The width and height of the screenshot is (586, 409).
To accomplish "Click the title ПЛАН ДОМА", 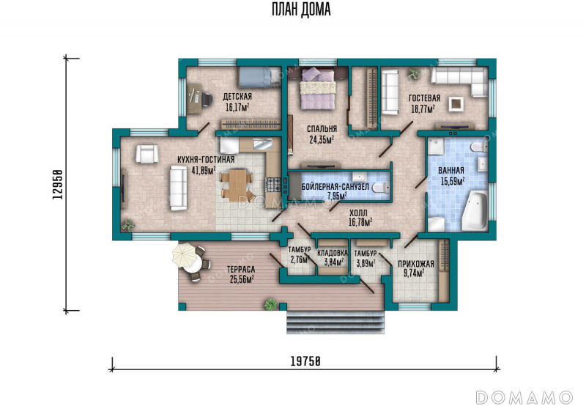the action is tap(301, 10).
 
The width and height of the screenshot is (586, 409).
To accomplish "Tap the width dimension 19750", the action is tap(305, 361).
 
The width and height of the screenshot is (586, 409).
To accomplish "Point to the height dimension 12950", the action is tap(57, 184).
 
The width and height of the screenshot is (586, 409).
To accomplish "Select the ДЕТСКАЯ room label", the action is tap(237, 97).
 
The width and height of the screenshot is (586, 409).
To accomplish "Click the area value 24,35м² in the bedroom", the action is tap(322, 140).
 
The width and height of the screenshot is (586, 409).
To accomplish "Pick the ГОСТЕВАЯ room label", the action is tap(425, 98).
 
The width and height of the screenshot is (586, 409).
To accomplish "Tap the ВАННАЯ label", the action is tap(451, 171).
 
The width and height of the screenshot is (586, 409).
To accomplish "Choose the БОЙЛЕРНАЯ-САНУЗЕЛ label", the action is tap(335, 187).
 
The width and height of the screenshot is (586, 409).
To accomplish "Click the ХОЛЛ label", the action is tap(358, 213).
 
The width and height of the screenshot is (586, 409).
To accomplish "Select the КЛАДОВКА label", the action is tap(333, 253).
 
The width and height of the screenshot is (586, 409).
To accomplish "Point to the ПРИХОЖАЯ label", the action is tap(416, 264).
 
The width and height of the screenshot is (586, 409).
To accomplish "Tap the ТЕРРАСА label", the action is tap(241, 269).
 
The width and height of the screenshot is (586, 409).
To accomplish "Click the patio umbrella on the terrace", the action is tap(184, 255).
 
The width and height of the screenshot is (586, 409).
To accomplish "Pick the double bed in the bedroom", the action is tap(318, 89).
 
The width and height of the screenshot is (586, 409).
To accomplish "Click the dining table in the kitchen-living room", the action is tap(237, 185).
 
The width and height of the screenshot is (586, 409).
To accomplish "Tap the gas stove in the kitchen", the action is tap(272, 184).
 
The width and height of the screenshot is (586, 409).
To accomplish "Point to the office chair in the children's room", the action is tap(206, 99).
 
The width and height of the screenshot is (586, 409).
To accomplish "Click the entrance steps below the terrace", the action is tap(335, 322).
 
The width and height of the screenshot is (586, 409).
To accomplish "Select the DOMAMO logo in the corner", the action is tap(524, 397).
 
